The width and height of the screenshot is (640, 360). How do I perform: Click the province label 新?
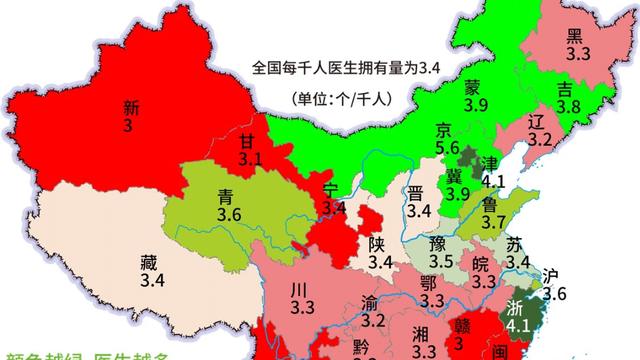point(130,109)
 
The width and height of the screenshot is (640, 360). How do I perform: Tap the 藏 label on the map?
point(150,264)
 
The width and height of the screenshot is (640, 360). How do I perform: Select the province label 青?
point(227,198)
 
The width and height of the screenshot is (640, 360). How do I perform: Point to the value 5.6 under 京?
point(447,149)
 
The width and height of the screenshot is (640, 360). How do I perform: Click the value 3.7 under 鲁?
point(493,222)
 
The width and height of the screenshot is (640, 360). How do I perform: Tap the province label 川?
point(297,290)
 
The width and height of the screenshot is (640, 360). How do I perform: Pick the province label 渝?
point(370,303)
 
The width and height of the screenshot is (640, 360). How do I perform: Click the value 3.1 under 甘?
point(250,158)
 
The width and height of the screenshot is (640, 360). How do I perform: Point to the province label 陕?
point(376,244)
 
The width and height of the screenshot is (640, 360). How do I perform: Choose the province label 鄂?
point(430,283)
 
